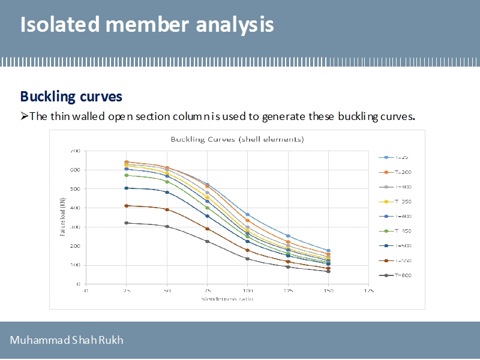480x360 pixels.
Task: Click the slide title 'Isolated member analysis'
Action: tap(147, 25)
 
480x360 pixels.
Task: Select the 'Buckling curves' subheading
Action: tap(71, 96)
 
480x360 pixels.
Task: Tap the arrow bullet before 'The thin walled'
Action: tap(24, 116)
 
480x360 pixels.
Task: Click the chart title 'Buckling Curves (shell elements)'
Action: tap(237, 139)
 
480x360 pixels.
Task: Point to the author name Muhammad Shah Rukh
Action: tap(66, 341)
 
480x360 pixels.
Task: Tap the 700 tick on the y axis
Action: tap(74, 151)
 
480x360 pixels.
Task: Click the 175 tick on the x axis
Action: tap(369, 290)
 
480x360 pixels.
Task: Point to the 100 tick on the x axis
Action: tap(247, 290)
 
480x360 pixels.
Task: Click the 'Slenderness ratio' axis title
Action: tap(227, 299)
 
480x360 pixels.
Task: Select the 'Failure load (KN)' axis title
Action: tap(62, 217)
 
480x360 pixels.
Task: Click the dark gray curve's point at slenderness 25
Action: tap(127, 223)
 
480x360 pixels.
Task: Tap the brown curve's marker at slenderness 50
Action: tap(167, 209)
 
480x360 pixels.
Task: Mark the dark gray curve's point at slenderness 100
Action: tap(247, 259)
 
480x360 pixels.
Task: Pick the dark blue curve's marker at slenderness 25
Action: tap(127, 188)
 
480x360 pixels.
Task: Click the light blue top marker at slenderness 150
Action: tap(328, 251)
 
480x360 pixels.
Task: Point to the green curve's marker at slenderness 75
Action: tap(207, 208)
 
